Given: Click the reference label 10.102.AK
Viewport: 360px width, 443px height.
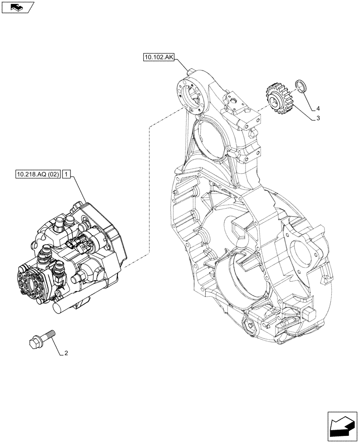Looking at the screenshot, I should pos(158,57).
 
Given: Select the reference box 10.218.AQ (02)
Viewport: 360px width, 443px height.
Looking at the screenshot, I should pos(38,175).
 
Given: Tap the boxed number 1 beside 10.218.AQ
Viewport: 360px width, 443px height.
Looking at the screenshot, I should pos(66,175).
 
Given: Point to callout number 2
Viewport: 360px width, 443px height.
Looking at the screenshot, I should pos(66,353).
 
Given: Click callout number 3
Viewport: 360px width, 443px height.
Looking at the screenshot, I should pos(318,118).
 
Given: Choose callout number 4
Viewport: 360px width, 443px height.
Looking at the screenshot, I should pos(318,109).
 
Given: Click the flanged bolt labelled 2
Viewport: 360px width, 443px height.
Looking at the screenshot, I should pos(43,338).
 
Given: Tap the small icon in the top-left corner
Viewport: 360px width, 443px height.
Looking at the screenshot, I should pos(17,7).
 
